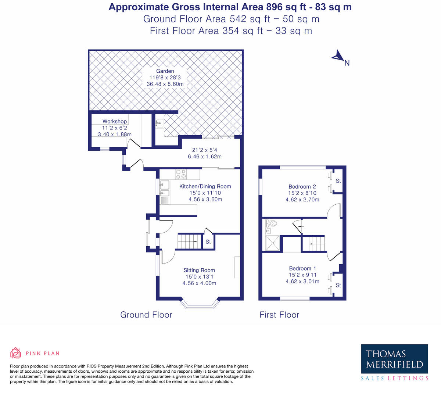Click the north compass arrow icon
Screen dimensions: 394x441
click(x=337, y=56)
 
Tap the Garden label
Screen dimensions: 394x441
click(x=165, y=71)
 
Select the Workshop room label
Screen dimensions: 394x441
click(x=115, y=121)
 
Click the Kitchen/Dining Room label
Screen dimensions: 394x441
click(x=205, y=186)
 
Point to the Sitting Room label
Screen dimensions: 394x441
click(x=199, y=270)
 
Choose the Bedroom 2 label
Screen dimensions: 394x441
click(x=302, y=187)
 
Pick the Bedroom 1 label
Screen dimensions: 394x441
click(x=302, y=268)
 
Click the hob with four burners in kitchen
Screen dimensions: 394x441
click(x=180, y=174)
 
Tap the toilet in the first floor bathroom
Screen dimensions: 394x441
click(x=272, y=223)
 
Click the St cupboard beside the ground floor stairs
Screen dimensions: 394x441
click(x=208, y=242)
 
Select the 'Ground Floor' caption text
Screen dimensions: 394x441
click(x=146, y=315)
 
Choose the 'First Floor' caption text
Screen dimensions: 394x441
click(x=279, y=315)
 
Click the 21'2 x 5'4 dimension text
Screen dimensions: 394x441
click(x=204, y=150)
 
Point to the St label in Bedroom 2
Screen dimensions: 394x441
click(x=338, y=181)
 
